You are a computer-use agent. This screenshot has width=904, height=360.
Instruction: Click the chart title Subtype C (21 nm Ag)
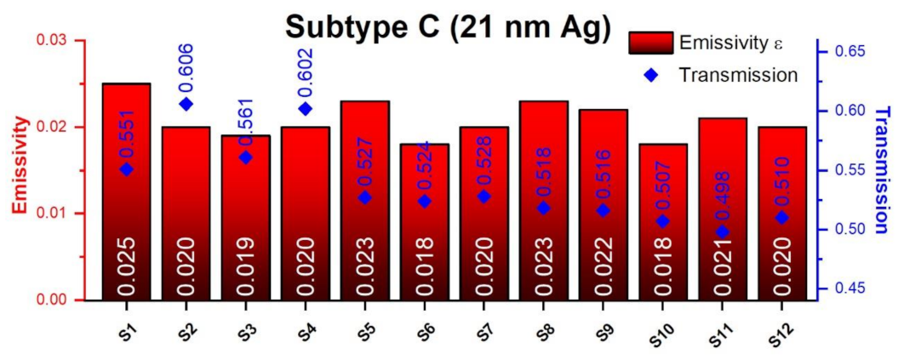(x=448, y=27)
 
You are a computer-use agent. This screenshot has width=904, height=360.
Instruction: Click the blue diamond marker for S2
(x=186, y=104)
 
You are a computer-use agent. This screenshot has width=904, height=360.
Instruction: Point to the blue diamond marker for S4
(x=305, y=108)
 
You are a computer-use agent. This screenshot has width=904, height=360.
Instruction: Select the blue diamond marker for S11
(x=723, y=231)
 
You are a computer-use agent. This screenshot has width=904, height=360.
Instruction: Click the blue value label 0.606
(x=186, y=66)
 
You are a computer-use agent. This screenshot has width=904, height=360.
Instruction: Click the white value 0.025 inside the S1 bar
(x=127, y=266)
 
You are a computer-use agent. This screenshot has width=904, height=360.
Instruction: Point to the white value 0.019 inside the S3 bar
(x=246, y=266)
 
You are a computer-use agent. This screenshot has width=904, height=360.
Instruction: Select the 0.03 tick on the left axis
(x=61, y=41)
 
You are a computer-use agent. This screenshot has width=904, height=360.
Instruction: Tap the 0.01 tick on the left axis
(x=61, y=213)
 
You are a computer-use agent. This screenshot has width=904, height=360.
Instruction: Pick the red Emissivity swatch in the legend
(x=651, y=43)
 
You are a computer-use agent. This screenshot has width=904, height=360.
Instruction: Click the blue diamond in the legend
(x=651, y=75)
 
